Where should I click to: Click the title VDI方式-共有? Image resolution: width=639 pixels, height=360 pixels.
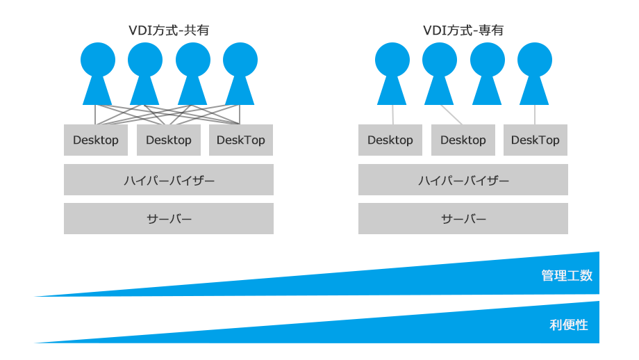tap(169, 31)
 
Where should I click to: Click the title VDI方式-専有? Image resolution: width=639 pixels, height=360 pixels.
tap(463, 31)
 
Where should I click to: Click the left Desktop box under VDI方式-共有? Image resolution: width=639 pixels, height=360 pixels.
tap(96, 140)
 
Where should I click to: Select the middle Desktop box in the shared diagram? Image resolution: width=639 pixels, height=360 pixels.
tap(169, 140)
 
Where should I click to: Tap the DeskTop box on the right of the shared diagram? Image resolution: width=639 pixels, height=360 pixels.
tap(241, 140)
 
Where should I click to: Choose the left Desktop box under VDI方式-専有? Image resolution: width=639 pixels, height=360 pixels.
tap(390, 140)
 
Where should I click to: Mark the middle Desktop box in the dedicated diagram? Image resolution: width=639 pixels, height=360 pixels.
tap(463, 140)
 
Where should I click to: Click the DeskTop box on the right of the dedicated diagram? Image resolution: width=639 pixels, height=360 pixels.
tap(536, 140)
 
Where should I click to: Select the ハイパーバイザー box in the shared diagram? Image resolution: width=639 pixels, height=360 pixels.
tap(169, 180)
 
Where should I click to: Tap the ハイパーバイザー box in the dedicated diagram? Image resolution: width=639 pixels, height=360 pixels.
tap(463, 180)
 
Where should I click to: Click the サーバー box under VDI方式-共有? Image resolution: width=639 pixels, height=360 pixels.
tap(169, 219)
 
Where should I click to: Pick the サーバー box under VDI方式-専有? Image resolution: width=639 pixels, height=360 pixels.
tap(463, 219)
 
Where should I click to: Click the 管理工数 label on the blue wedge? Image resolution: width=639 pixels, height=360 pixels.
tap(567, 275)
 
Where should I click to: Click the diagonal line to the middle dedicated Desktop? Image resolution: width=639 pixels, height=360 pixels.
tap(451, 115)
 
